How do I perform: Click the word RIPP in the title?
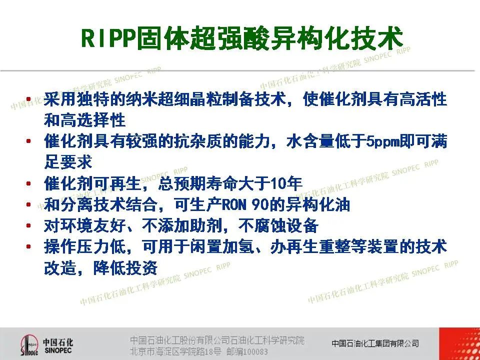108,38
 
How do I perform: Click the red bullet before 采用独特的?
28,99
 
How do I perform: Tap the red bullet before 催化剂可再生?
28,183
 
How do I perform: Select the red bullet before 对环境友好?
28,226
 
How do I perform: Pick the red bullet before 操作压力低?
28,246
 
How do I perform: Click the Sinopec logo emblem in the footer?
29,345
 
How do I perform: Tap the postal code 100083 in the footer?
255,351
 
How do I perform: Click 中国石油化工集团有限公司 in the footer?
375,343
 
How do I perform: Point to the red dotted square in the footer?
459,344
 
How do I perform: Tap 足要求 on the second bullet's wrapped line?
68,162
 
